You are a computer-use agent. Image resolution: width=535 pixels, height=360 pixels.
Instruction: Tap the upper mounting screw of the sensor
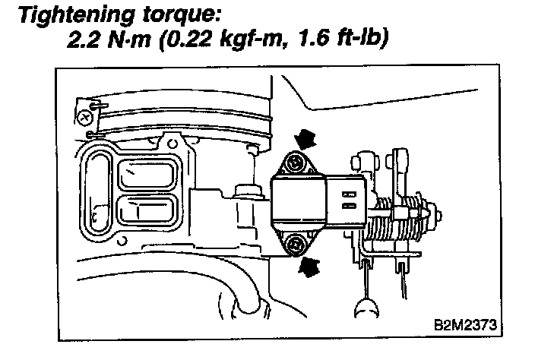tap(293, 163)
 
